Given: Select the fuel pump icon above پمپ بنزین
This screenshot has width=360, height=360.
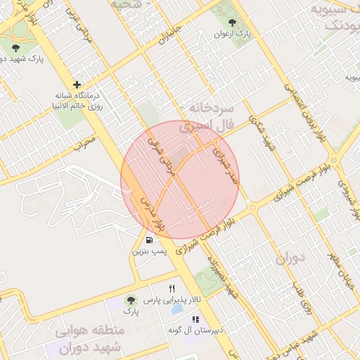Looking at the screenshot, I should click(149, 240).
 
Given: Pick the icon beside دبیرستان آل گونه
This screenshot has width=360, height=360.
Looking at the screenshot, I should click(195, 320).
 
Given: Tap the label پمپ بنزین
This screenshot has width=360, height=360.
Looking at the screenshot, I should click(150, 250).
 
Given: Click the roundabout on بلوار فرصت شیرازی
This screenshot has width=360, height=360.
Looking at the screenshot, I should click(251, 207).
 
